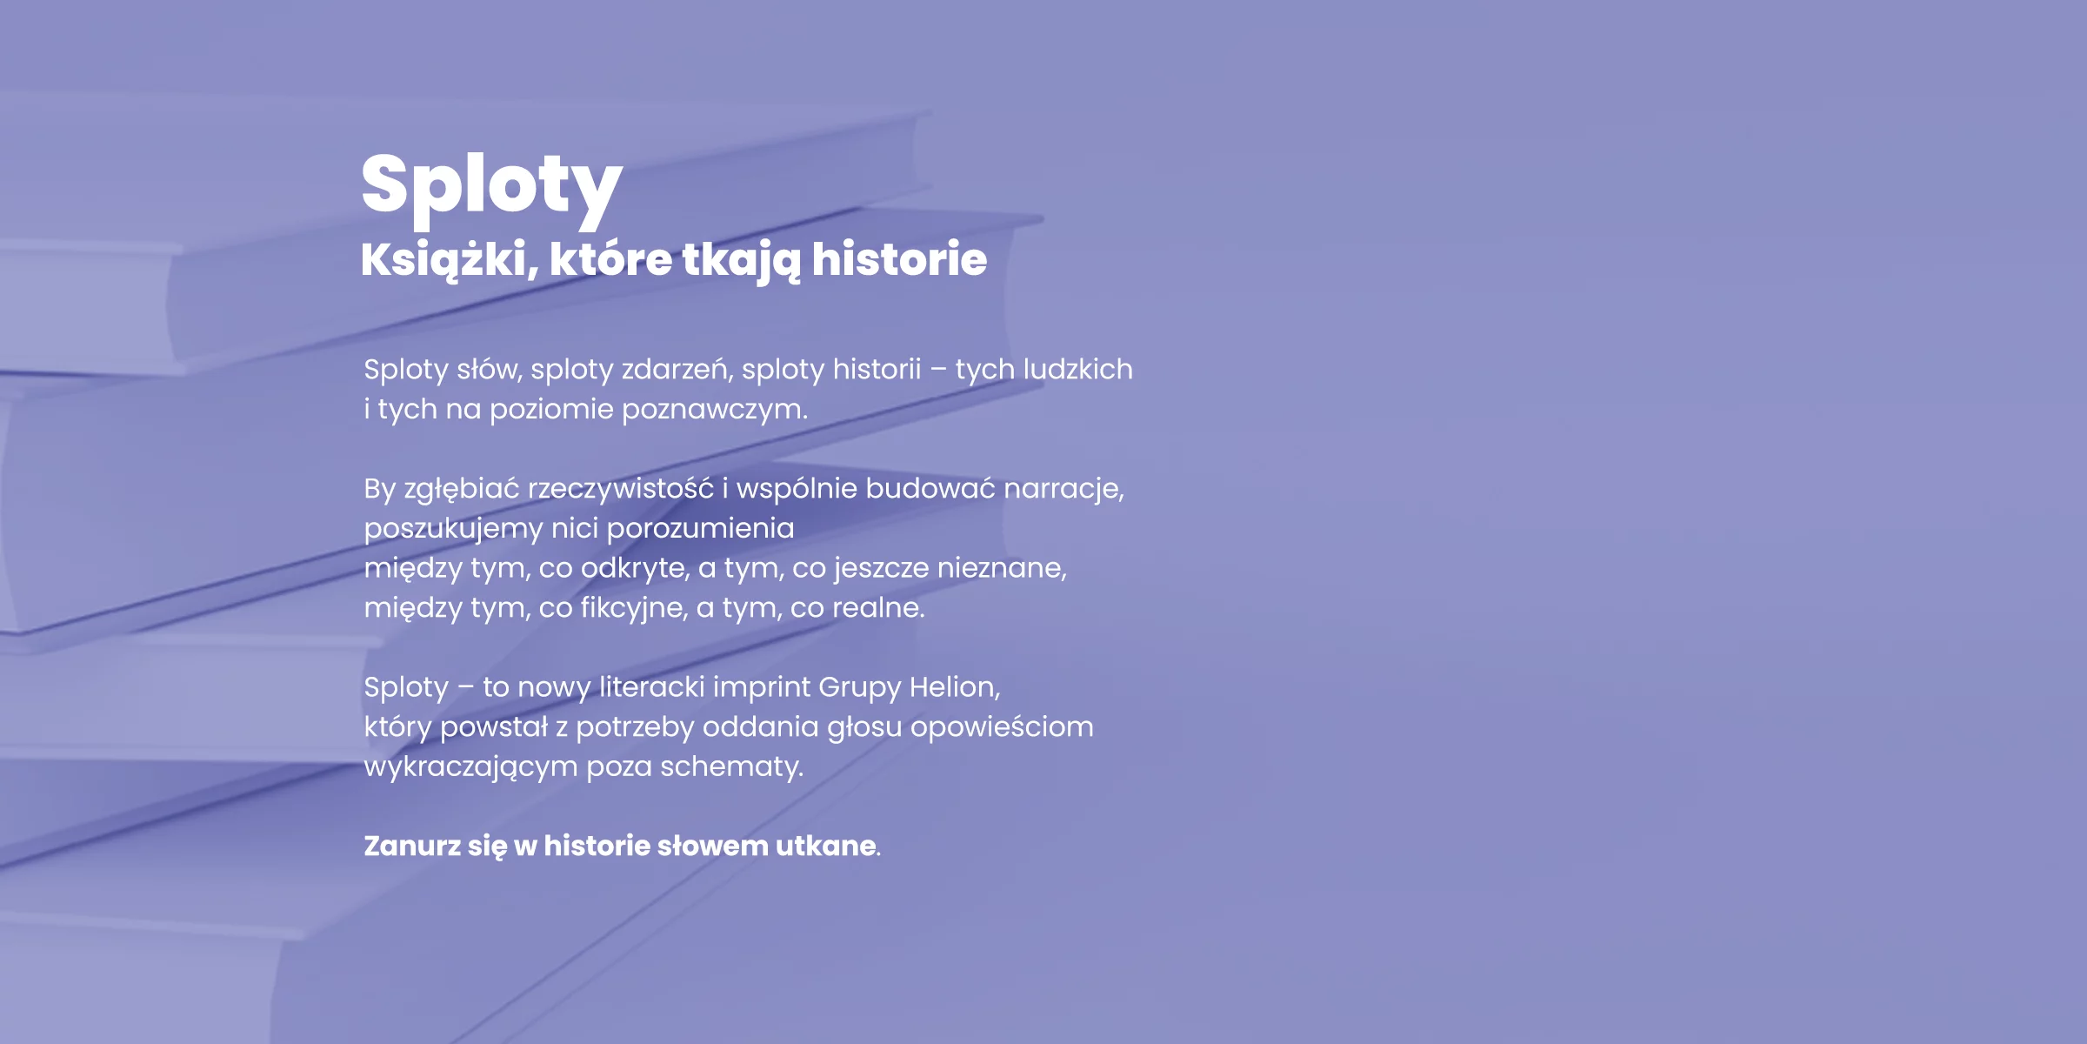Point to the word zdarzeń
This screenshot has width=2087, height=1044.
(677, 370)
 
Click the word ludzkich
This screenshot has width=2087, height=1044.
(1077, 369)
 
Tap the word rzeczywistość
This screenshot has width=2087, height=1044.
(620, 489)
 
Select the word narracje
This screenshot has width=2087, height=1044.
(1064, 489)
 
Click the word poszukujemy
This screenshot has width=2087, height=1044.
(453, 529)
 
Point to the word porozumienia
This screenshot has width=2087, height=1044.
(700, 528)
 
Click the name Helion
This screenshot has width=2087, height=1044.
(955, 686)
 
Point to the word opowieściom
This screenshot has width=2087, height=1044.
(1002, 727)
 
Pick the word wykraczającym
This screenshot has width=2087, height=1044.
(470, 767)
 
